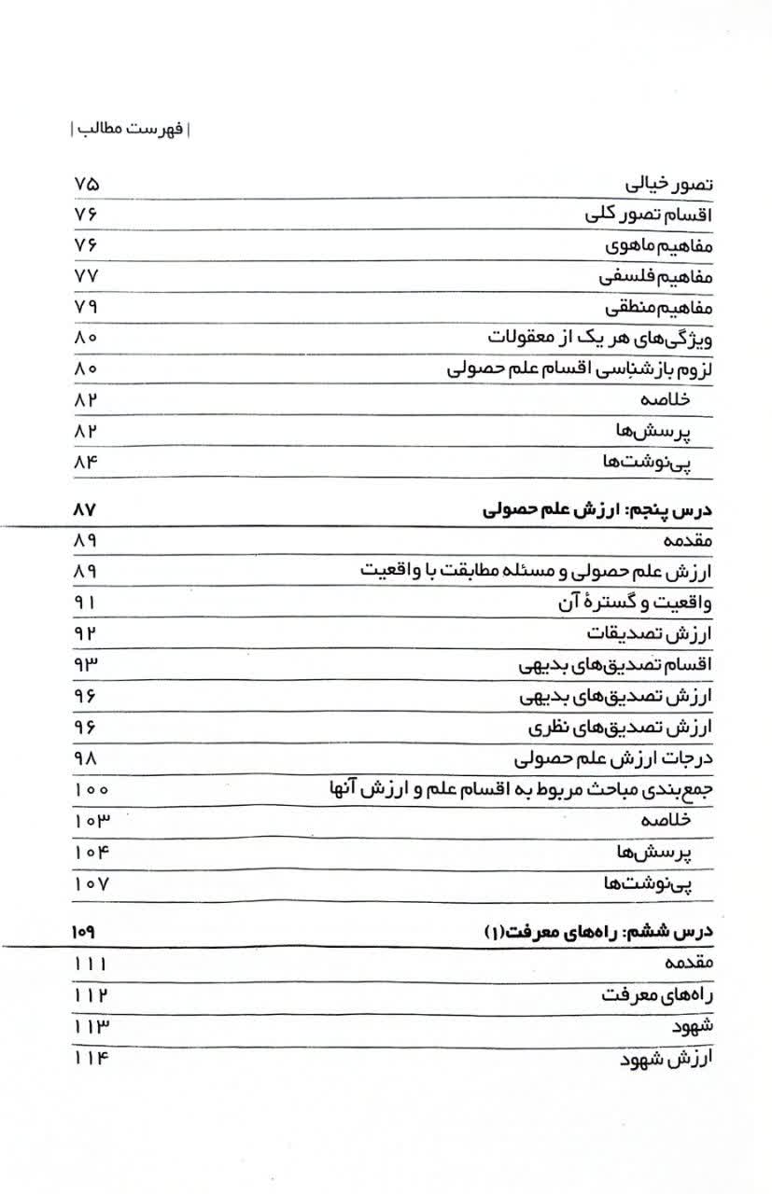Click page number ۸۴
[85, 461]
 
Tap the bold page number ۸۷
[85, 510]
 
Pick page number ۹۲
[85, 633]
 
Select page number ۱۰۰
[91, 789]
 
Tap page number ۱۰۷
[91, 882]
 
